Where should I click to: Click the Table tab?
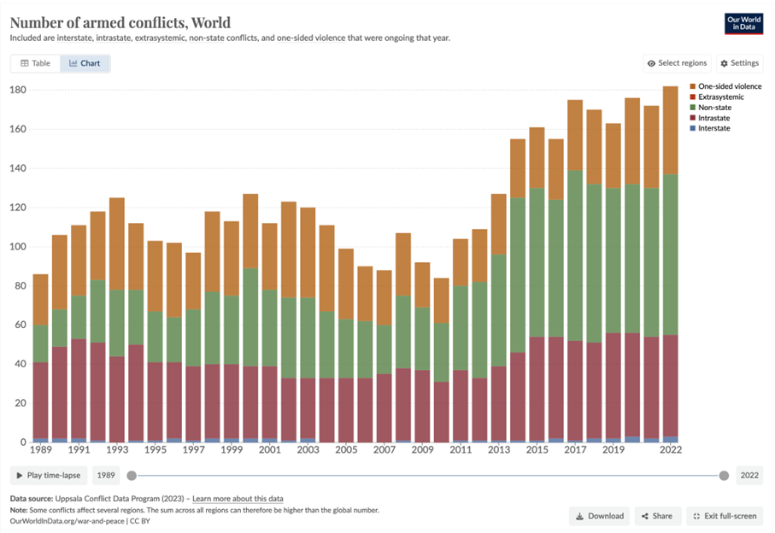pos(36,63)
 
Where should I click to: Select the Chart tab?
pos(85,63)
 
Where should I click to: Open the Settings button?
pos(739,63)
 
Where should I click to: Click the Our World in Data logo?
pos(743,23)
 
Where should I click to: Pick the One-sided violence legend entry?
pos(729,86)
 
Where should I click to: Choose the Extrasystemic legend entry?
pos(720,97)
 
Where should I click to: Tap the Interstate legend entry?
pos(713,128)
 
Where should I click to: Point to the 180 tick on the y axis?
pos(18,91)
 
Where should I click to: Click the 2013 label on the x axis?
pos(498,448)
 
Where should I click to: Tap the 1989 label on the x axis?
pos(40,448)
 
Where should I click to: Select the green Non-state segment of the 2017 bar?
pos(575,256)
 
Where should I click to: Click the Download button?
pos(600,516)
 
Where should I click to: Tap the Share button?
pos(658,516)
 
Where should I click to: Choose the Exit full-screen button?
pos(723,516)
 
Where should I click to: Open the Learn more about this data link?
pos(238,498)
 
